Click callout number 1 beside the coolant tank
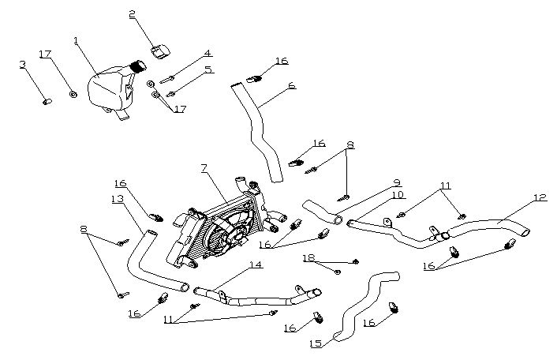(x=76, y=39)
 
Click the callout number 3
(x=23, y=64)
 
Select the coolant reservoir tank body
(x=108, y=90)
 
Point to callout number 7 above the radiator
(x=204, y=168)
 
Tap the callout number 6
(x=292, y=84)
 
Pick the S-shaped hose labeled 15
(x=363, y=304)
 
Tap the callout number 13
(x=118, y=199)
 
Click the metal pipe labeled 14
(x=260, y=297)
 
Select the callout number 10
(x=397, y=195)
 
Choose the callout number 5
(x=208, y=69)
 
